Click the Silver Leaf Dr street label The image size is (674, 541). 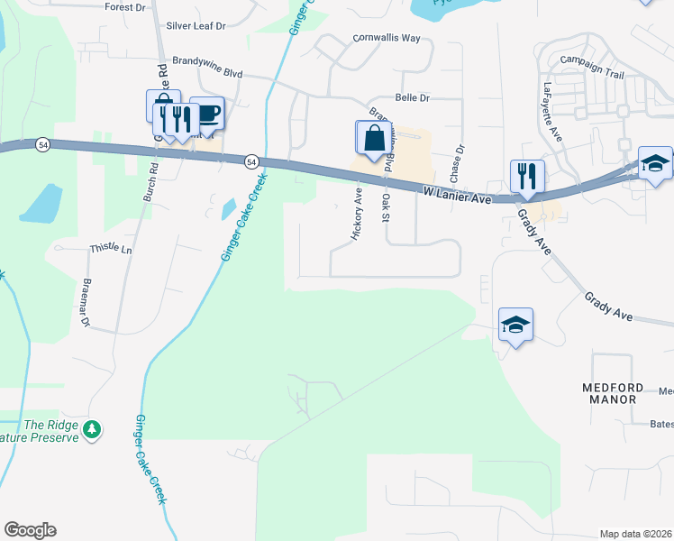[x=196, y=26]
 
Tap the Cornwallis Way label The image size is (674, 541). [x=386, y=39]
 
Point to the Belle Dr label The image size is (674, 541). [x=413, y=97]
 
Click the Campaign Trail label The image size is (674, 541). [x=591, y=60]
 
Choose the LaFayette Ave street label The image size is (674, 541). [x=551, y=113]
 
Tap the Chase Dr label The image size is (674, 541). [x=460, y=161]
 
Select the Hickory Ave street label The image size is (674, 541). [x=358, y=214]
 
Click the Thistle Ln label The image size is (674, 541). [x=111, y=248]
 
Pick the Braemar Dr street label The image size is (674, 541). [x=87, y=307]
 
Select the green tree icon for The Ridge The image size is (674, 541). [x=91, y=431]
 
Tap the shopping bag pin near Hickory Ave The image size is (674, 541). [x=374, y=138]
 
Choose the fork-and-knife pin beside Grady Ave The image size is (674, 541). [x=526, y=176]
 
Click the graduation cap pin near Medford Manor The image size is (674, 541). [x=515, y=325]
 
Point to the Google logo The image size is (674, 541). [x=30, y=530]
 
